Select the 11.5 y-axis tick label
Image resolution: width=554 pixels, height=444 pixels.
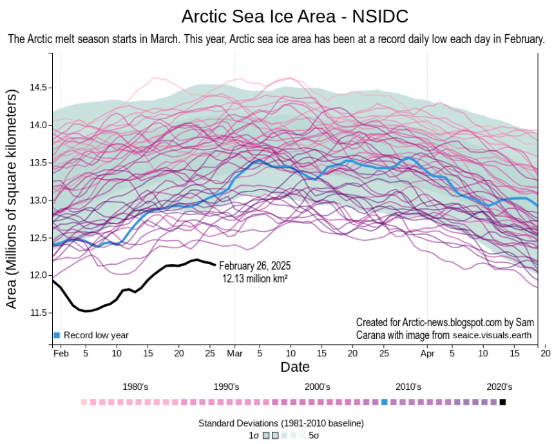[40, 313]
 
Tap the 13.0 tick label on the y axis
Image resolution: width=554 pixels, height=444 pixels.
[40, 200]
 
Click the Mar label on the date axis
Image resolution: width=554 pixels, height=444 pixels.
[234, 353]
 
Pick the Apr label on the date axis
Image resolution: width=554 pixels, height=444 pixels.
[428, 353]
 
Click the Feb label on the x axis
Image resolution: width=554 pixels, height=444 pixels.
[61, 353]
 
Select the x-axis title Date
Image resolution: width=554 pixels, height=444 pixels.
[295, 367]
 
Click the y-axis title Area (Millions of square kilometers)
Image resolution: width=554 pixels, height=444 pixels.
[12, 200]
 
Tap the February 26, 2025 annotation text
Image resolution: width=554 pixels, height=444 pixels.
[256, 265]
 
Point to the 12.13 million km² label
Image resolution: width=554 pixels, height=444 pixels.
[254, 278]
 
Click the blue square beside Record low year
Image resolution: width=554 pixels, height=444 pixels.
[57, 335]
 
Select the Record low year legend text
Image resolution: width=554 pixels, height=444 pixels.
[96, 335]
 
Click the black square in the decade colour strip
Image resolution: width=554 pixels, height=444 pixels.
[503, 402]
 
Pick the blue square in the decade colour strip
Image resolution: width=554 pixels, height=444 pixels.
[385, 402]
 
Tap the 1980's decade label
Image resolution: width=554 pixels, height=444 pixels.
[136, 387]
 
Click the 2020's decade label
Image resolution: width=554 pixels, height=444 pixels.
[499, 387]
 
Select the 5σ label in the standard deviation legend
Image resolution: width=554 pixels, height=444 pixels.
[314, 436]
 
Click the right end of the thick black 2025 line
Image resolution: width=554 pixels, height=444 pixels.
[215, 264]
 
